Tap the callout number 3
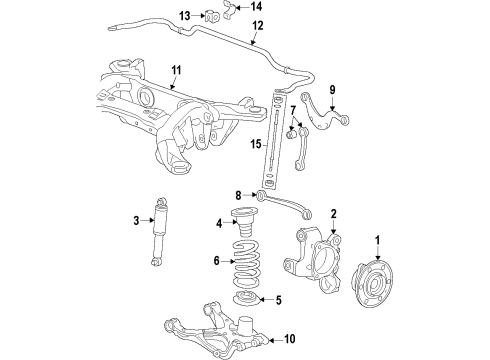tap(136, 220)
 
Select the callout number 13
tap(184, 15)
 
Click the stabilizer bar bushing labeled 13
tap(212, 15)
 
